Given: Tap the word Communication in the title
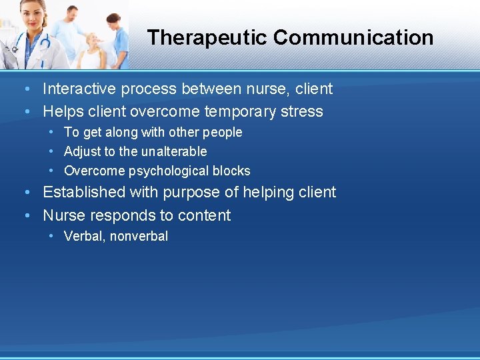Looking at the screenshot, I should tap(353, 37).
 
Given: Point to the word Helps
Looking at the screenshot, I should tap(63, 111).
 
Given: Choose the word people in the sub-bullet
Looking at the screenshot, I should tap(222, 132).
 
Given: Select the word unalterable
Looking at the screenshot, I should tap(174, 151).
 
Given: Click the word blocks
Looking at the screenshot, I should tap(232, 171).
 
